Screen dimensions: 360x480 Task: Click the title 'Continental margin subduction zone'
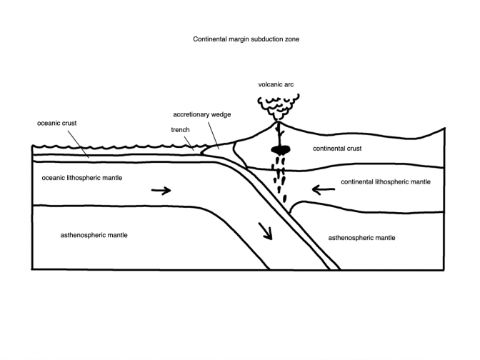(x=241, y=40)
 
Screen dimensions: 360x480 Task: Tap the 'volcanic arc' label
(x=276, y=84)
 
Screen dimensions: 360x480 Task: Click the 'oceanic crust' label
(x=56, y=123)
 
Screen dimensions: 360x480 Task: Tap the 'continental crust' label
(x=338, y=149)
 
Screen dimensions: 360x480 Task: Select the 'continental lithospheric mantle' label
(x=386, y=182)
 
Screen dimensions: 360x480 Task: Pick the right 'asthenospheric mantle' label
(x=361, y=237)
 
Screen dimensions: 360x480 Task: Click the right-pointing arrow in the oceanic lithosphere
(x=161, y=191)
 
